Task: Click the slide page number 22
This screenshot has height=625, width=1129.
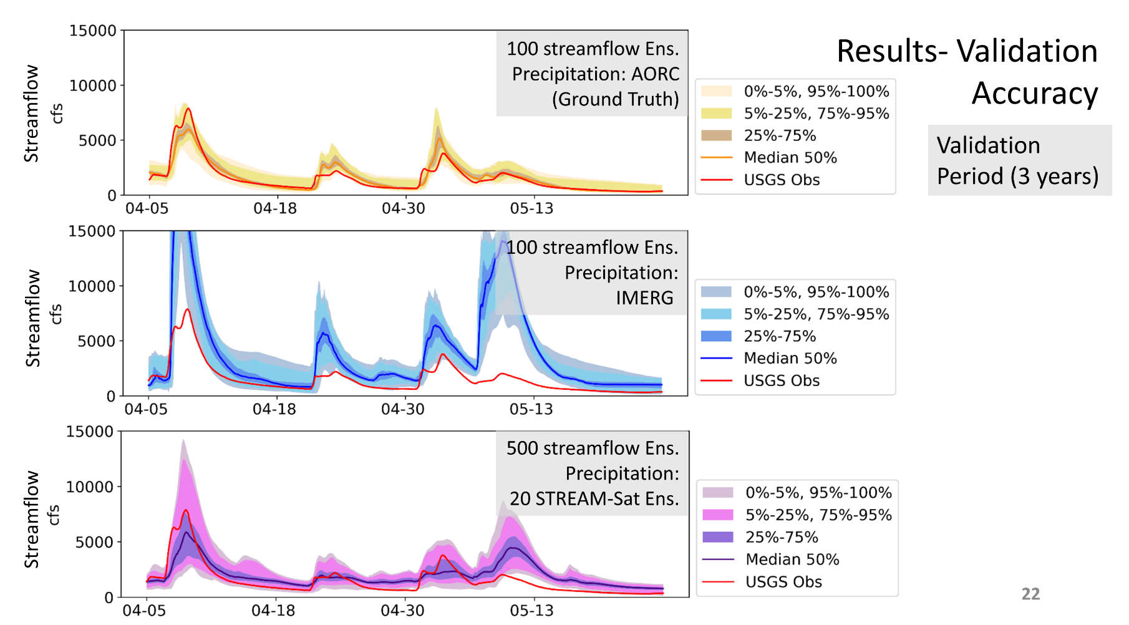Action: [1030, 594]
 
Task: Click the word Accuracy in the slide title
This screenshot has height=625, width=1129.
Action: [1034, 94]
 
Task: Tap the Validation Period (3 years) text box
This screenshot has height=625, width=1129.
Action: [1018, 160]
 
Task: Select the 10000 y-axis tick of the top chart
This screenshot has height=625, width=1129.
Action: [92, 85]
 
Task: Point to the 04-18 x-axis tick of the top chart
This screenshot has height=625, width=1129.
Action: [275, 208]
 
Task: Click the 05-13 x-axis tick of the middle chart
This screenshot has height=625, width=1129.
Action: [531, 409]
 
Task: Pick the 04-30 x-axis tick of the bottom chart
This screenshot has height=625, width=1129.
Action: [402, 610]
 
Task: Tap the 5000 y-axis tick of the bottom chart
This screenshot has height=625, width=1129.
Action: [94, 542]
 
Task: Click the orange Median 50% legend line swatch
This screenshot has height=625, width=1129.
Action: [716, 158]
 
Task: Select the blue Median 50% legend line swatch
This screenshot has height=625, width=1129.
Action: [716, 359]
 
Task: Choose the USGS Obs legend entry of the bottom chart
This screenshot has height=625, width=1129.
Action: [783, 582]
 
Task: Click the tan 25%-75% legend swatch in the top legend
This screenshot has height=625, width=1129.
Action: [716, 135]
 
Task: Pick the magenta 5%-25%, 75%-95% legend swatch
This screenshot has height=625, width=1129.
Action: [717, 515]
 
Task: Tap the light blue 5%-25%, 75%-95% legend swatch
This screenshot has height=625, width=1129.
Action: [716, 314]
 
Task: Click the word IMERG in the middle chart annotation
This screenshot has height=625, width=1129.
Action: [644, 298]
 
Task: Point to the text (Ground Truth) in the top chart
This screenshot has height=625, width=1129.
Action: [615, 99]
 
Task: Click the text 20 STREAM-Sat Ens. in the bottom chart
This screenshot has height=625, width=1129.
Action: [594, 499]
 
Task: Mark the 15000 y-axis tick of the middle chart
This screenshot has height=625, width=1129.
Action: [92, 231]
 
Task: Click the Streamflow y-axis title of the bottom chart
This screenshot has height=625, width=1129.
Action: [32, 519]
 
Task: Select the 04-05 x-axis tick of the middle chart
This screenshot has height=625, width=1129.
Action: [146, 409]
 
